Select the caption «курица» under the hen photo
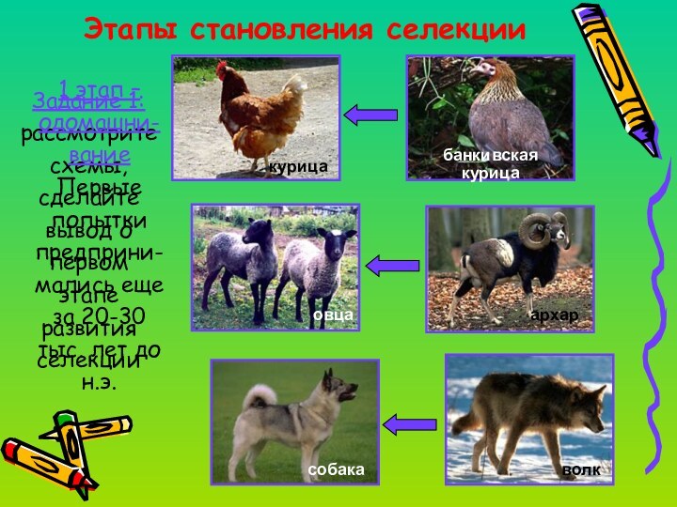(x=298, y=166)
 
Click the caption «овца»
(x=335, y=315)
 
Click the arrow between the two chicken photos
(x=370, y=115)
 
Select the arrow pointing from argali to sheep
(x=392, y=266)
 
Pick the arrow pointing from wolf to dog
(x=410, y=424)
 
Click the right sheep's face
(x=333, y=246)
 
